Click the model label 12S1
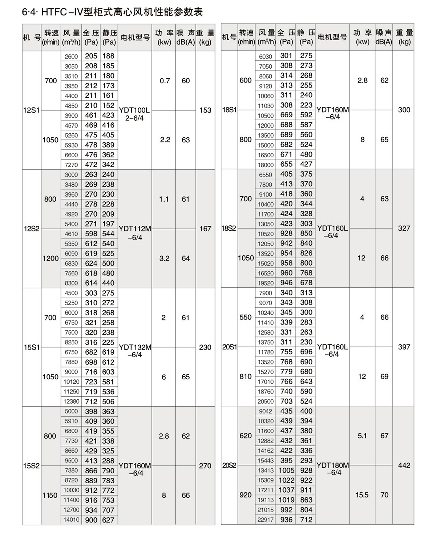[x=31, y=110]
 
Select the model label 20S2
[x=229, y=465]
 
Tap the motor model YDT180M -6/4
[x=332, y=469]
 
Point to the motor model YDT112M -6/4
[x=135, y=233]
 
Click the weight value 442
[x=404, y=465]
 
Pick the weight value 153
[x=205, y=110]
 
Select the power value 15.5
[x=362, y=495]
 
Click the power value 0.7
[x=165, y=81]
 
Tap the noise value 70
[x=384, y=495]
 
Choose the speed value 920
[x=246, y=495]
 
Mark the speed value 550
[x=246, y=317]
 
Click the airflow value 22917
[x=266, y=520]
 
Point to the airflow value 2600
[x=71, y=56]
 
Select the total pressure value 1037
[x=286, y=490]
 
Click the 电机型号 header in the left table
[x=135, y=37]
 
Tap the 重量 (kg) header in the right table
[x=404, y=37]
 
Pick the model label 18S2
[x=229, y=229]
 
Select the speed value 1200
[x=51, y=258]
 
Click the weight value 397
[x=404, y=347]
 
